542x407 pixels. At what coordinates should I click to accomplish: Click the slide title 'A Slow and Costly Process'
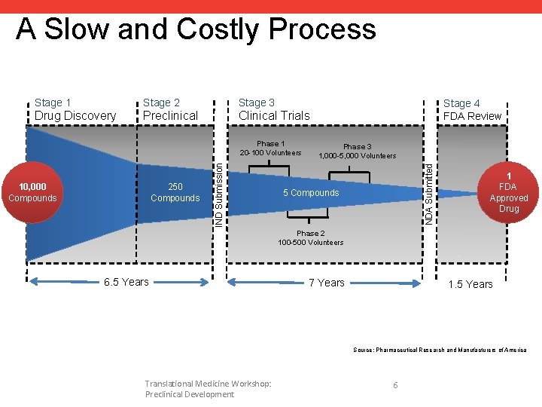[x=196, y=29]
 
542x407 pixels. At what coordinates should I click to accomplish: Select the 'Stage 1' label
[x=53, y=103]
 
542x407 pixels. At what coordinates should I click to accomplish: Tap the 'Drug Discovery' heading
[x=75, y=116]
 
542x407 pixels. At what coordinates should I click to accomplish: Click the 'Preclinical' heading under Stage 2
[x=170, y=116]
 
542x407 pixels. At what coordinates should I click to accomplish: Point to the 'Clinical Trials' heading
[x=274, y=116]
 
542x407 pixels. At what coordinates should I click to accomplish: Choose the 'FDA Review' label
[x=472, y=116]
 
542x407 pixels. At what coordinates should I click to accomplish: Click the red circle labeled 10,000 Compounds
[x=32, y=192]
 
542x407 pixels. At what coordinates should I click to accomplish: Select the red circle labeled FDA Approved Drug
[x=508, y=192]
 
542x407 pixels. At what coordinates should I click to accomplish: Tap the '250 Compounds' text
[x=175, y=192]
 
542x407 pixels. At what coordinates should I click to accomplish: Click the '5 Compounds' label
[x=311, y=193]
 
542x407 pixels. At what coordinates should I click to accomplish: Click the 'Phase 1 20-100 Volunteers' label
[x=270, y=148]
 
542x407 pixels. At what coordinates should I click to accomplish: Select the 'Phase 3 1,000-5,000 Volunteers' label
[x=357, y=151]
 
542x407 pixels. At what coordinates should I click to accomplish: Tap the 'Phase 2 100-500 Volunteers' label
[x=310, y=238]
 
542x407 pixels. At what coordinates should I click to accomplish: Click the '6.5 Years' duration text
[x=126, y=283]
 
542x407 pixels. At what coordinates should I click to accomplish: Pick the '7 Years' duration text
[x=327, y=283]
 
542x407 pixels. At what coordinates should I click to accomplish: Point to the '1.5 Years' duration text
[x=470, y=284]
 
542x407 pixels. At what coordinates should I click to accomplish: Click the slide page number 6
[x=395, y=385]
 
